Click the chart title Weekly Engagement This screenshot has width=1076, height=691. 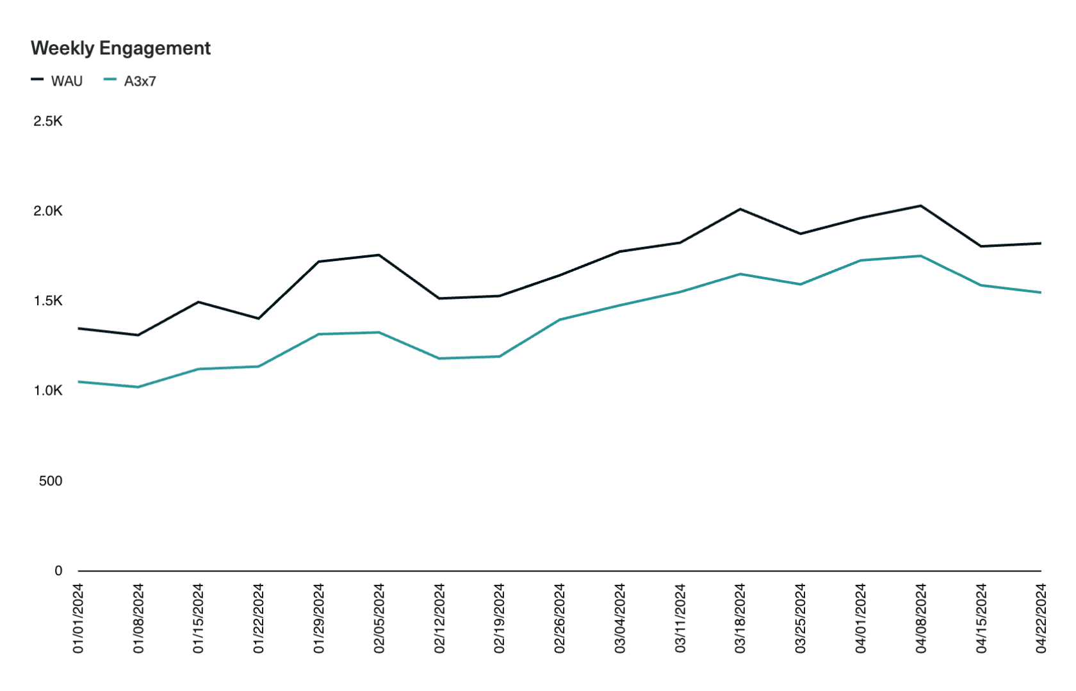[x=120, y=49]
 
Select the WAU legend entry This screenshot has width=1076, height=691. [x=67, y=81]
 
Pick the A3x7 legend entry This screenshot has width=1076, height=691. [x=140, y=81]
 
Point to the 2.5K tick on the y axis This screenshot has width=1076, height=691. [x=48, y=121]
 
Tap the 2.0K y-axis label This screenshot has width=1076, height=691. [x=48, y=211]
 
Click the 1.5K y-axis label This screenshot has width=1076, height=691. [x=48, y=301]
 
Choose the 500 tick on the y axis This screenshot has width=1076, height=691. [x=51, y=481]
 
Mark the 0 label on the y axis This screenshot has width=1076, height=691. [x=58, y=571]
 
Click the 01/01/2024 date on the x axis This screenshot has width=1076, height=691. [x=78, y=618]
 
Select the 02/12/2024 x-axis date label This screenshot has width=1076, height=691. [x=439, y=618]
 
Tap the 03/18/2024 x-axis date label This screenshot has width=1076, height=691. [x=740, y=618]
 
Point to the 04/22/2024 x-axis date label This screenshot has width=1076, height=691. [x=1041, y=618]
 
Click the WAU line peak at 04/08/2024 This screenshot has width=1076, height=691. [x=921, y=205]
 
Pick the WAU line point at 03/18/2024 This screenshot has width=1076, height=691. [x=740, y=209]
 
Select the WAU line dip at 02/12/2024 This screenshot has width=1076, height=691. [x=439, y=298]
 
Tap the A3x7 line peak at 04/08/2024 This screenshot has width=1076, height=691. [x=921, y=256]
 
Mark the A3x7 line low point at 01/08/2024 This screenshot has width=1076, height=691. [x=138, y=387]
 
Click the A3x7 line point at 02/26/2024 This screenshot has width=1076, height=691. [x=560, y=319]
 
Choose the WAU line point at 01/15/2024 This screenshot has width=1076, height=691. [x=199, y=302]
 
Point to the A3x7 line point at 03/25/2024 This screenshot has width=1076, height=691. [x=801, y=284]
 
